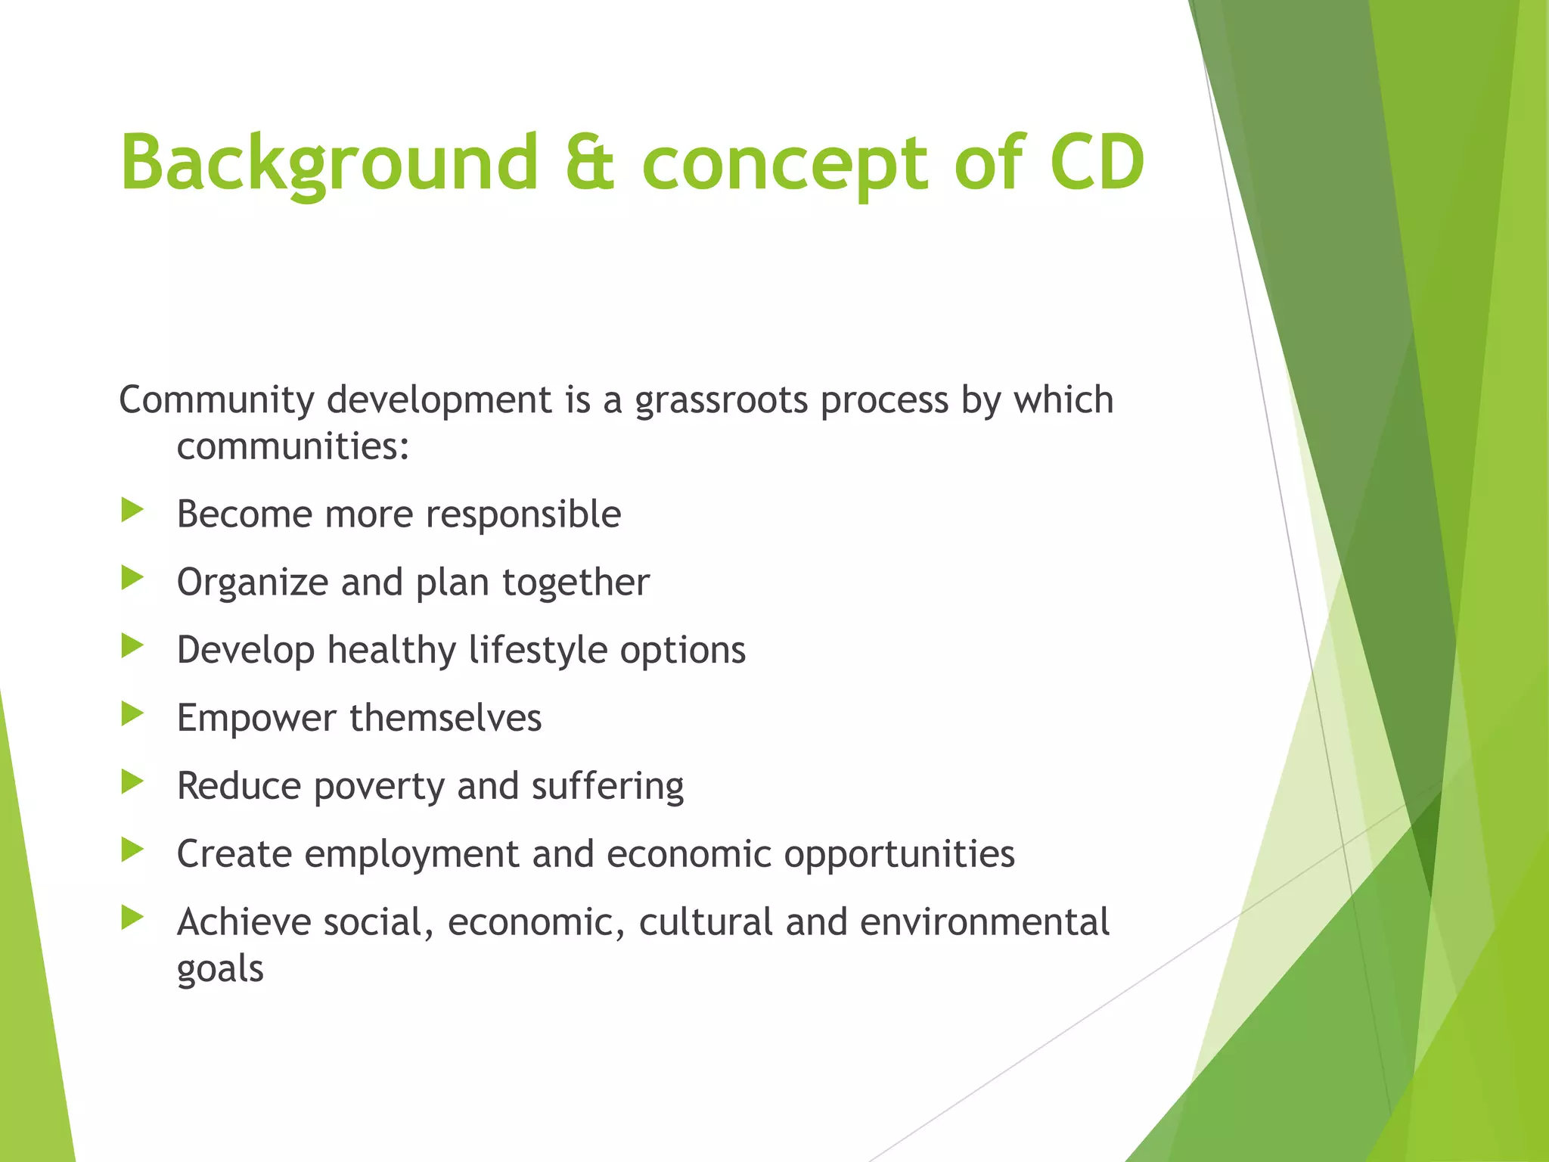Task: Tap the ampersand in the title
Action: tap(590, 163)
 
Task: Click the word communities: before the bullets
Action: tap(293, 446)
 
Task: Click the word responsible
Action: tap(523, 515)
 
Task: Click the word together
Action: tap(576, 583)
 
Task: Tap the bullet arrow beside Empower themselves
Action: tap(132, 713)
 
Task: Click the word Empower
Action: tap(256, 719)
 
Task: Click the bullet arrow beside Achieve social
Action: tap(132, 918)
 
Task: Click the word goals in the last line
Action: tap(220, 970)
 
